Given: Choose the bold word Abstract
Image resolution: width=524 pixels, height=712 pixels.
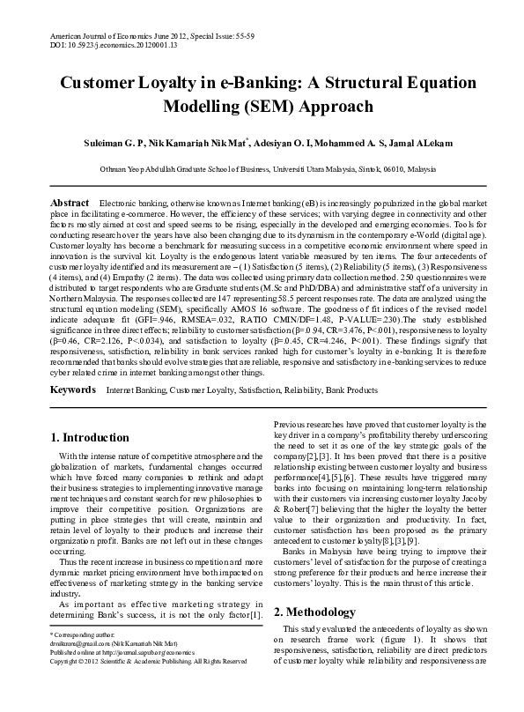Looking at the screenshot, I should (x=70, y=203).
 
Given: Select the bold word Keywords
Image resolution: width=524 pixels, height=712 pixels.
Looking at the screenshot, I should (x=72, y=412).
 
